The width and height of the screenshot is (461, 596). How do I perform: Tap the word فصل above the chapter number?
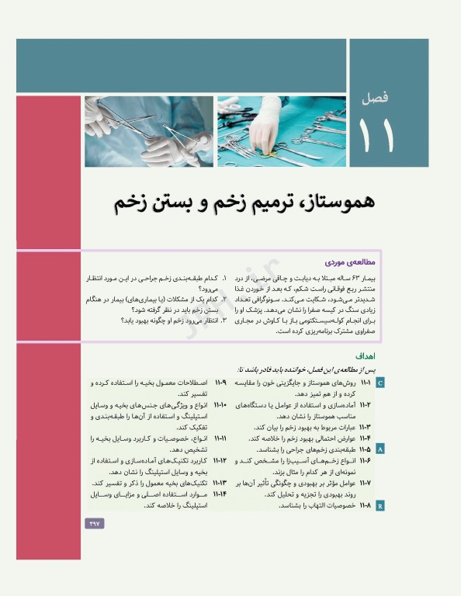384,99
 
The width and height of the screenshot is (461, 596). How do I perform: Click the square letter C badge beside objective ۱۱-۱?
380,383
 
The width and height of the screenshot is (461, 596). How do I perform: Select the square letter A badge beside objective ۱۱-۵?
380,449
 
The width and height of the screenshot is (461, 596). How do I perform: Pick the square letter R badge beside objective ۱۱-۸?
380,505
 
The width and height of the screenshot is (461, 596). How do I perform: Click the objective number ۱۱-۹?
220,383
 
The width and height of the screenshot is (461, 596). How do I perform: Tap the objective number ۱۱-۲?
365,405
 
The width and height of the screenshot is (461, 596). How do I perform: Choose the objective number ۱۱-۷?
365,483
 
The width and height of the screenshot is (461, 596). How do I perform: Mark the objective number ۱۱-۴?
365,438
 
